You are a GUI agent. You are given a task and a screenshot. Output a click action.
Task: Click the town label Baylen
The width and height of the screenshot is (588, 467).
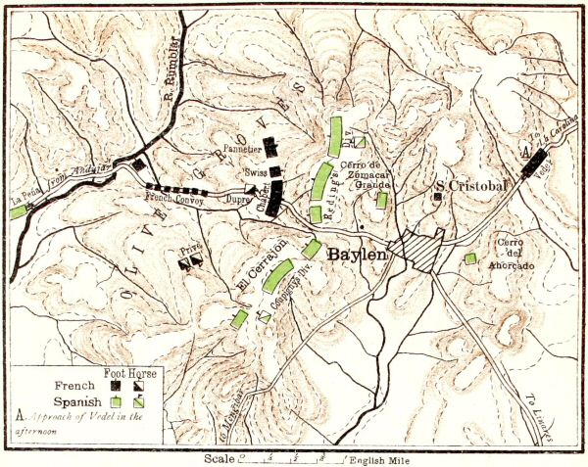359,254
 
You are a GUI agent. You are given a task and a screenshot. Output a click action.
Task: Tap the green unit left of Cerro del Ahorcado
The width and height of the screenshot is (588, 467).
470,258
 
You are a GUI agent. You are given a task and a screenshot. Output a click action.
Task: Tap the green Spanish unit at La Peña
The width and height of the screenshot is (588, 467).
18,211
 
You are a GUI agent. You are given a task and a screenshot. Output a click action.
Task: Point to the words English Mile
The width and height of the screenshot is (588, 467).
382,457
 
